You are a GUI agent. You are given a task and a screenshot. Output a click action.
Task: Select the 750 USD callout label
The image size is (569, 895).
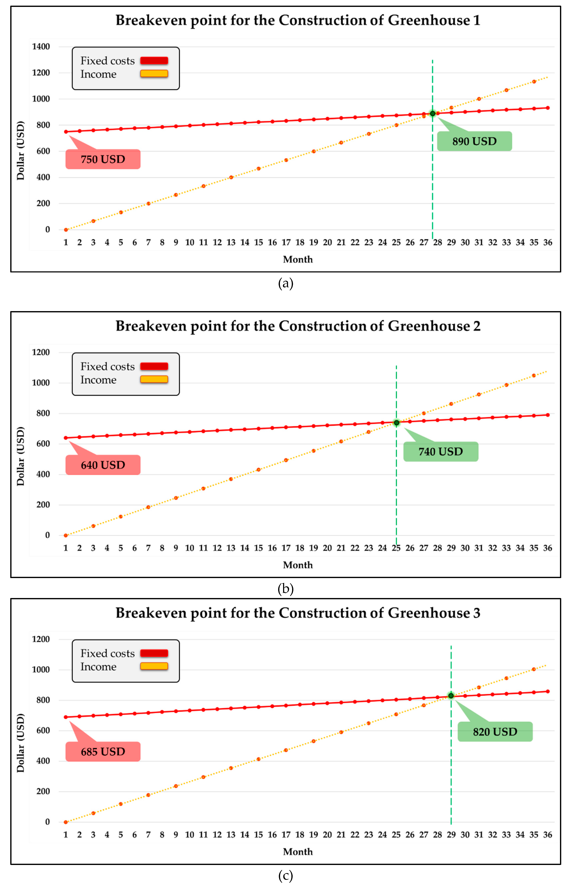pos(103,159)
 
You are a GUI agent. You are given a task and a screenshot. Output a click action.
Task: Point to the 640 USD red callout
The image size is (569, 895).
pos(103,465)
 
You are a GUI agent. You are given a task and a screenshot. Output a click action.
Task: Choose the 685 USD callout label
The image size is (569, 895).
pos(103,752)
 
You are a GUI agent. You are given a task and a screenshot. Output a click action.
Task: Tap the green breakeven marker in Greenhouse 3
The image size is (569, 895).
pos(451,695)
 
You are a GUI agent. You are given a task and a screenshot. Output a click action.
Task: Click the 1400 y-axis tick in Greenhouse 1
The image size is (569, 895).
pos(41,46)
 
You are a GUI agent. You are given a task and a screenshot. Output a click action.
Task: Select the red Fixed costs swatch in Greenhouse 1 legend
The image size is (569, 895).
pos(154,61)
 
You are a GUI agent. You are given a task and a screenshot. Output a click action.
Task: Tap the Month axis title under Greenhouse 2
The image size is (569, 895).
pos(298,565)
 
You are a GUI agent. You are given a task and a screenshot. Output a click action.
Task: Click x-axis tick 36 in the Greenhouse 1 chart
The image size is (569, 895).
pos(547,242)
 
